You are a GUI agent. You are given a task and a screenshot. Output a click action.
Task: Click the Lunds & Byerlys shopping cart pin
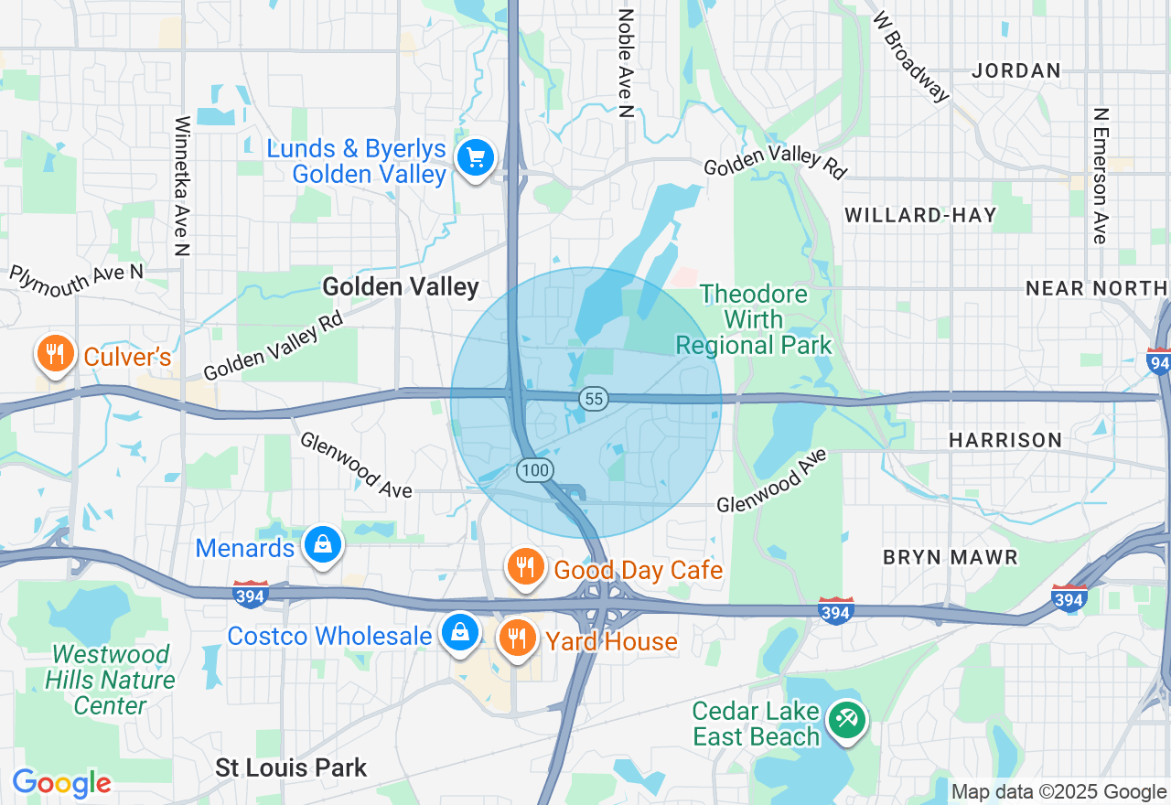pyautogui.click(x=475, y=159)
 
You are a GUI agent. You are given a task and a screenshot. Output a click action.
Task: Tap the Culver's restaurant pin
pyautogui.click(x=55, y=353)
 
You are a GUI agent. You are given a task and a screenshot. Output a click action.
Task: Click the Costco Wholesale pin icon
pyautogui.click(x=461, y=632)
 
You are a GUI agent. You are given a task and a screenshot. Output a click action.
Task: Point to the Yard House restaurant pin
pyautogui.click(x=518, y=638)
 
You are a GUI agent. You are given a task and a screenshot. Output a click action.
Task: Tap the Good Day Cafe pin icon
pyautogui.click(x=525, y=568)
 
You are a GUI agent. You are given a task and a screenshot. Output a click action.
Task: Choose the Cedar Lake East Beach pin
pyautogui.click(x=846, y=720)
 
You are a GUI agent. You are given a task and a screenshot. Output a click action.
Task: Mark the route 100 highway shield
pyautogui.click(x=534, y=470)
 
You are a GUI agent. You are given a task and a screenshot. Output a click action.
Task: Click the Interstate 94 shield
pyautogui.click(x=1159, y=361)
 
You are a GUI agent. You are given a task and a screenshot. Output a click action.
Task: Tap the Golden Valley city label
pyautogui.click(x=401, y=287)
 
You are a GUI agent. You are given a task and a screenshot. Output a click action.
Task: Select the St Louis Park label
pyautogui.click(x=291, y=767)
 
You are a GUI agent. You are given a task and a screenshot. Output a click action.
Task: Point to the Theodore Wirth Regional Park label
pyautogui.click(x=754, y=319)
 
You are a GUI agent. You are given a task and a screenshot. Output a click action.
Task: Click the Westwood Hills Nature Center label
pyautogui.click(x=111, y=680)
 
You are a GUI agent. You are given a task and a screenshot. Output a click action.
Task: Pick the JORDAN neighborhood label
pyautogui.click(x=1016, y=70)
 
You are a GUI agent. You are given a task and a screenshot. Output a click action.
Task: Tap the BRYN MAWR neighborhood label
pyautogui.click(x=950, y=556)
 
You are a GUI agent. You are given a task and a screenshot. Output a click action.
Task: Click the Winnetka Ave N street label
pyautogui.click(x=182, y=186)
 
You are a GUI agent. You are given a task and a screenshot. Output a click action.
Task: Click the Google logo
pyautogui.click(x=61, y=783)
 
